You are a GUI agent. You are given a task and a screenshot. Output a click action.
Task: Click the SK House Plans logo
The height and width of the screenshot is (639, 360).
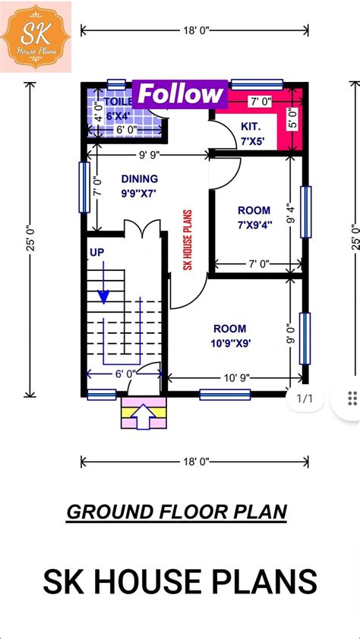(x=36, y=36)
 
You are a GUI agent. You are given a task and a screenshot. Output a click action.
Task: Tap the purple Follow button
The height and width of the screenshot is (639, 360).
(x=181, y=95)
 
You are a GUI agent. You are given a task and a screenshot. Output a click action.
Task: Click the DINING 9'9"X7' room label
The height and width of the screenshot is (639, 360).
(x=139, y=185)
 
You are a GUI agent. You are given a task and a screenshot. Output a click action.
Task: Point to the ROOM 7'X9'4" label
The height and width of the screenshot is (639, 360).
(x=253, y=217)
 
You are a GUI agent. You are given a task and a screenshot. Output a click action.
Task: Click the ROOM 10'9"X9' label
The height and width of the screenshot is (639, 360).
(x=229, y=335)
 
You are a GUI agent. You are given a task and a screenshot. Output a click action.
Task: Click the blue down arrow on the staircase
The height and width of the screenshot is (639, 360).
(x=103, y=291)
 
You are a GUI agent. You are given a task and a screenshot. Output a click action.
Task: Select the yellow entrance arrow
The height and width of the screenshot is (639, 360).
(x=143, y=416)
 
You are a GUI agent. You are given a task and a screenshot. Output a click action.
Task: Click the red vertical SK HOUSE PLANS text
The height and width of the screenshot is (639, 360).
(x=187, y=240)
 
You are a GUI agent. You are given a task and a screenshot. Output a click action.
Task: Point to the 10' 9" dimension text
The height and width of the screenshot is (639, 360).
(x=237, y=377)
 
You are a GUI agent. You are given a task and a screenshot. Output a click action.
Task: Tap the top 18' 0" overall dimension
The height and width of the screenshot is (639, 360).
(x=194, y=30)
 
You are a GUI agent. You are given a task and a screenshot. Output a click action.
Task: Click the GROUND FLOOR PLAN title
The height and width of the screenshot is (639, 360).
(x=177, y=512)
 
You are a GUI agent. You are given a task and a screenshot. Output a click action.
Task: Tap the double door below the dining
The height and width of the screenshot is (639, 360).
(x=142, y=228)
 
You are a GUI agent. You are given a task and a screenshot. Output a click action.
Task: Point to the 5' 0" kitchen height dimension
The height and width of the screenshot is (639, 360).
(x=293, y=118)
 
